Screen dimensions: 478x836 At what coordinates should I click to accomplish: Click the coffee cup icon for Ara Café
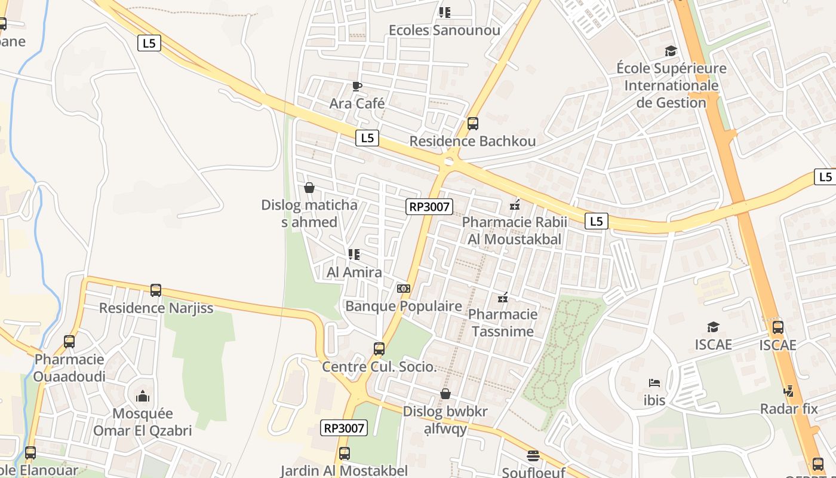[357, 87]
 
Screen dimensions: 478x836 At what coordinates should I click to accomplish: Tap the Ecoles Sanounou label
[444, 30]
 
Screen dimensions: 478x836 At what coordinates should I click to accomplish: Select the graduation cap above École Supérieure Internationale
[671, 51]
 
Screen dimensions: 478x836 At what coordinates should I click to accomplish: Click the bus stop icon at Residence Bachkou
[473, 124]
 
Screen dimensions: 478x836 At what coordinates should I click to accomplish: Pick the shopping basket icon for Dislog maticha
[309, 188]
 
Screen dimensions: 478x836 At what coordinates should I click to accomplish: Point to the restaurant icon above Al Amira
[354, 255]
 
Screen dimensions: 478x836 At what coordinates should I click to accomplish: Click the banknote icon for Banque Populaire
[404, 289]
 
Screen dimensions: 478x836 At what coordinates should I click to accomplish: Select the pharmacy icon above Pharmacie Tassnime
[503, 297]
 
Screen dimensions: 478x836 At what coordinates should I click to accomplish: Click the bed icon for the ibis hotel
[654, 383]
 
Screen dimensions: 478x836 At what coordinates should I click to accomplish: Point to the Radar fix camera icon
[788, 391]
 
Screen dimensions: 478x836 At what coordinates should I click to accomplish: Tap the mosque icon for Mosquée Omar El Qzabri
[142, 396]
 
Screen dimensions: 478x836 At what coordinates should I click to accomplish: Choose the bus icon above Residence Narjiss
[156, 290]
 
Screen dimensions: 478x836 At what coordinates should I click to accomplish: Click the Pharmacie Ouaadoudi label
[69, 368]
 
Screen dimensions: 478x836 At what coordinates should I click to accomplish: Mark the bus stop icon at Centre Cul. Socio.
[379, 349]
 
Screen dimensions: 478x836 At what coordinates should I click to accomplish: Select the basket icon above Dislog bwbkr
[445, 394]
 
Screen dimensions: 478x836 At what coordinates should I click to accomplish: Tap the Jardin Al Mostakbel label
[344, 470]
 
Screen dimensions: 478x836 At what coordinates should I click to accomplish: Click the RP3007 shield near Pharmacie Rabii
[429, 207]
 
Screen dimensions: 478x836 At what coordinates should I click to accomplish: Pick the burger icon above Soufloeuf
[533, 456]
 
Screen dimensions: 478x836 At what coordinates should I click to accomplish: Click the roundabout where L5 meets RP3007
[449, 161]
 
